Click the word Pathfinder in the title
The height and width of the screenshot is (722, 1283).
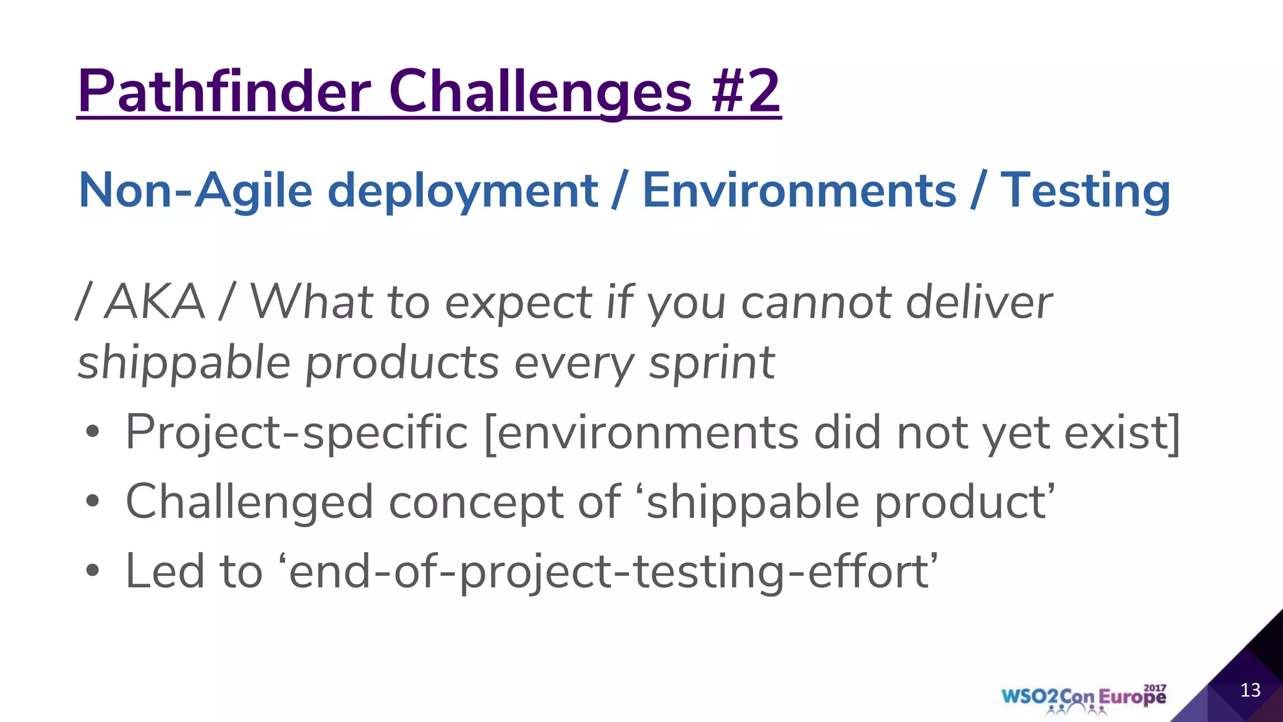tap(224, 92)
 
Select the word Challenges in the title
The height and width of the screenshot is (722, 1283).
tap(540, 92)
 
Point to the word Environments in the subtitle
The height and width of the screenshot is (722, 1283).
tap(799, 191)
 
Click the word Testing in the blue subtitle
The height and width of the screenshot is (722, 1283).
tap(1085, 191)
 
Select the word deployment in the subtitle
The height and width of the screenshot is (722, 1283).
tap(463, 191)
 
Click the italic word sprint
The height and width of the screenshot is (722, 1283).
tap(712, 364)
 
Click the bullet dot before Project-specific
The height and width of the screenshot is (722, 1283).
tap(93, 432)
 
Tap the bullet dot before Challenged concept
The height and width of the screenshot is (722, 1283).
tap(93, 501)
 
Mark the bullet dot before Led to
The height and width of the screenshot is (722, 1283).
tap(93, 571)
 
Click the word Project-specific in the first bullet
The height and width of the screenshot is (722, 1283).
tap(296, 432)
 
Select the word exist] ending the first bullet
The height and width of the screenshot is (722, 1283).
tap(1123, 432)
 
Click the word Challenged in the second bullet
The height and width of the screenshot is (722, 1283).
tap(249, 501)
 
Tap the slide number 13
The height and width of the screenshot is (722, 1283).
tap(1250, 690)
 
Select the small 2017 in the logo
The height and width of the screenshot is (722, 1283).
tap(1155, 688)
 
